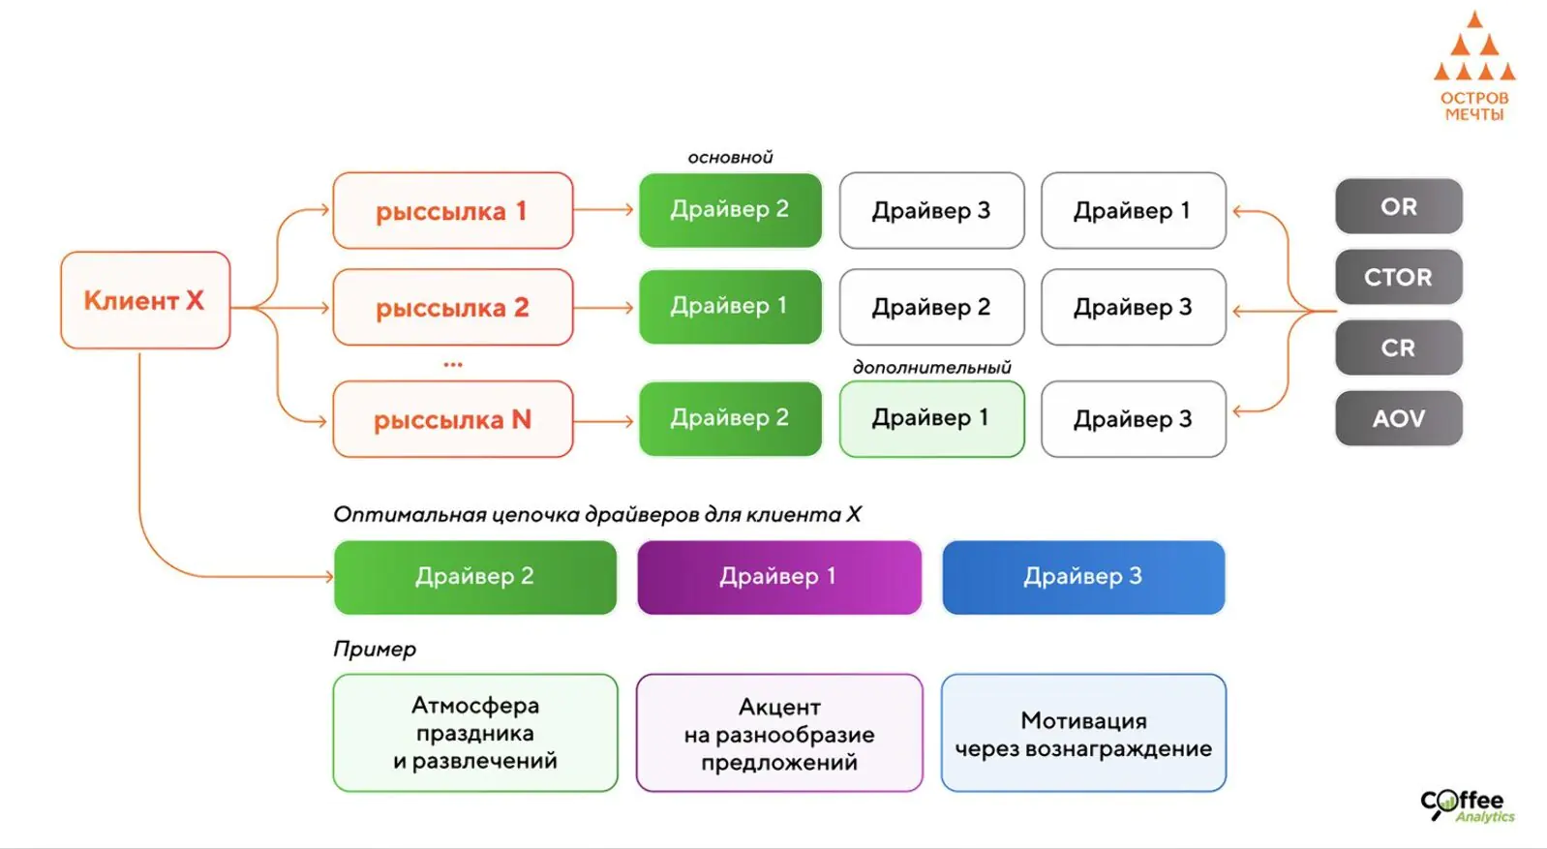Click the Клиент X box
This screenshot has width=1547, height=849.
click(145, 300)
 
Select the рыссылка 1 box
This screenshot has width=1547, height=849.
click(452, 211)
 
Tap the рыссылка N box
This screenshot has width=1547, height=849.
click(452, 419)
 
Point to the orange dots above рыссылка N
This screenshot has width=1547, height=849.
click(452, 365)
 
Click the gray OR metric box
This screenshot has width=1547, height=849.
click(1398, 206)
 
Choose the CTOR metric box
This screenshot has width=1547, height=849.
click(1398, 277)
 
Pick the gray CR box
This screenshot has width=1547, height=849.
click(1398, 348)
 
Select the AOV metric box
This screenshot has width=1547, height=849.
click(1398, 418)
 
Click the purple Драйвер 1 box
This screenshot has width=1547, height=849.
click(778, 577)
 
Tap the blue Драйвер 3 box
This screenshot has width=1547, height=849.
click(1082, 577)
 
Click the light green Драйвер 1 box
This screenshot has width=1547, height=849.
click(930, 418)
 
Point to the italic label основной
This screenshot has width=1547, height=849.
click(730, 158)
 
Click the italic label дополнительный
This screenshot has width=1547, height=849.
click(931, 368)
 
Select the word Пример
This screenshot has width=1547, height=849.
click(375, 649)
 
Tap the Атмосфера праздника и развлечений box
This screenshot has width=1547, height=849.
click(474, 733)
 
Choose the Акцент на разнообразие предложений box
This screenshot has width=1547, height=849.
click(778, 734)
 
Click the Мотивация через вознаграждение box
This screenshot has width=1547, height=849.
click(1082, 734)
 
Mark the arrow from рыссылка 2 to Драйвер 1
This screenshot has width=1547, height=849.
click(605, 308)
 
